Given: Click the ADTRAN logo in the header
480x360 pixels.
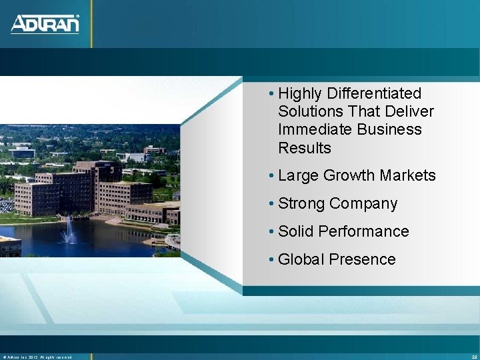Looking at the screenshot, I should point(45,24).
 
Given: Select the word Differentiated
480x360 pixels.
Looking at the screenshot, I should point(374,93).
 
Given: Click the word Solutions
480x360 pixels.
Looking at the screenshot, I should point(307,111).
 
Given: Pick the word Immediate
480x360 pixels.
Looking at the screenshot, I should point(311,129).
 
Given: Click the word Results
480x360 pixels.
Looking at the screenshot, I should point(304,147).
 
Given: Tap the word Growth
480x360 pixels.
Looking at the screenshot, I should point(347,176).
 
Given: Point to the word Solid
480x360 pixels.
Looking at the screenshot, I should point(295,231).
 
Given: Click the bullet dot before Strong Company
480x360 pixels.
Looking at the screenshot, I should point(271,204).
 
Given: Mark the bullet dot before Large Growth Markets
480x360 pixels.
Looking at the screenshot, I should point(271,176).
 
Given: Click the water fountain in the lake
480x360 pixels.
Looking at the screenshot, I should point(69,231).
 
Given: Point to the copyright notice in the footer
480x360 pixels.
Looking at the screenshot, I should point(37,357).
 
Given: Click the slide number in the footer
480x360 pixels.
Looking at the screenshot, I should point(473,357).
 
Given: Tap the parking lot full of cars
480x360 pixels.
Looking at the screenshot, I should point(7,204).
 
